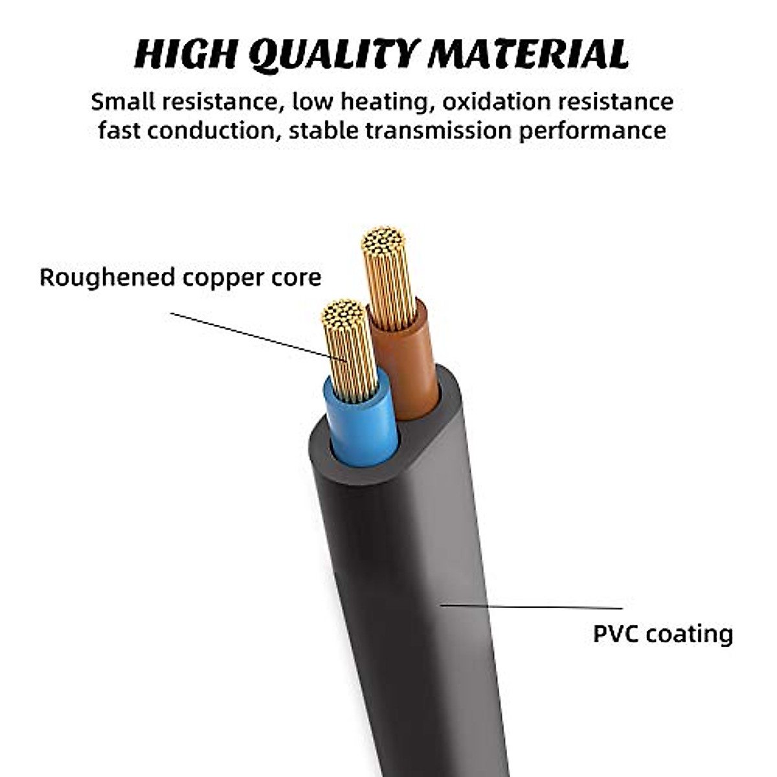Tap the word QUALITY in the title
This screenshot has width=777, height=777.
(x=331, y=54)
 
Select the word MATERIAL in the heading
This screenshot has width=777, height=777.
(x=528, y=54)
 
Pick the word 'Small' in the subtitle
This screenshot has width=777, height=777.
(x=122, y=102)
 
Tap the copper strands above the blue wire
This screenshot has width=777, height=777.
(x=350, y=350)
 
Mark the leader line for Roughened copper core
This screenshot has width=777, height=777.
(x=253, y=333)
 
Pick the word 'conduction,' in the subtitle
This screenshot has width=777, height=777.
(x=214, y=130)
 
